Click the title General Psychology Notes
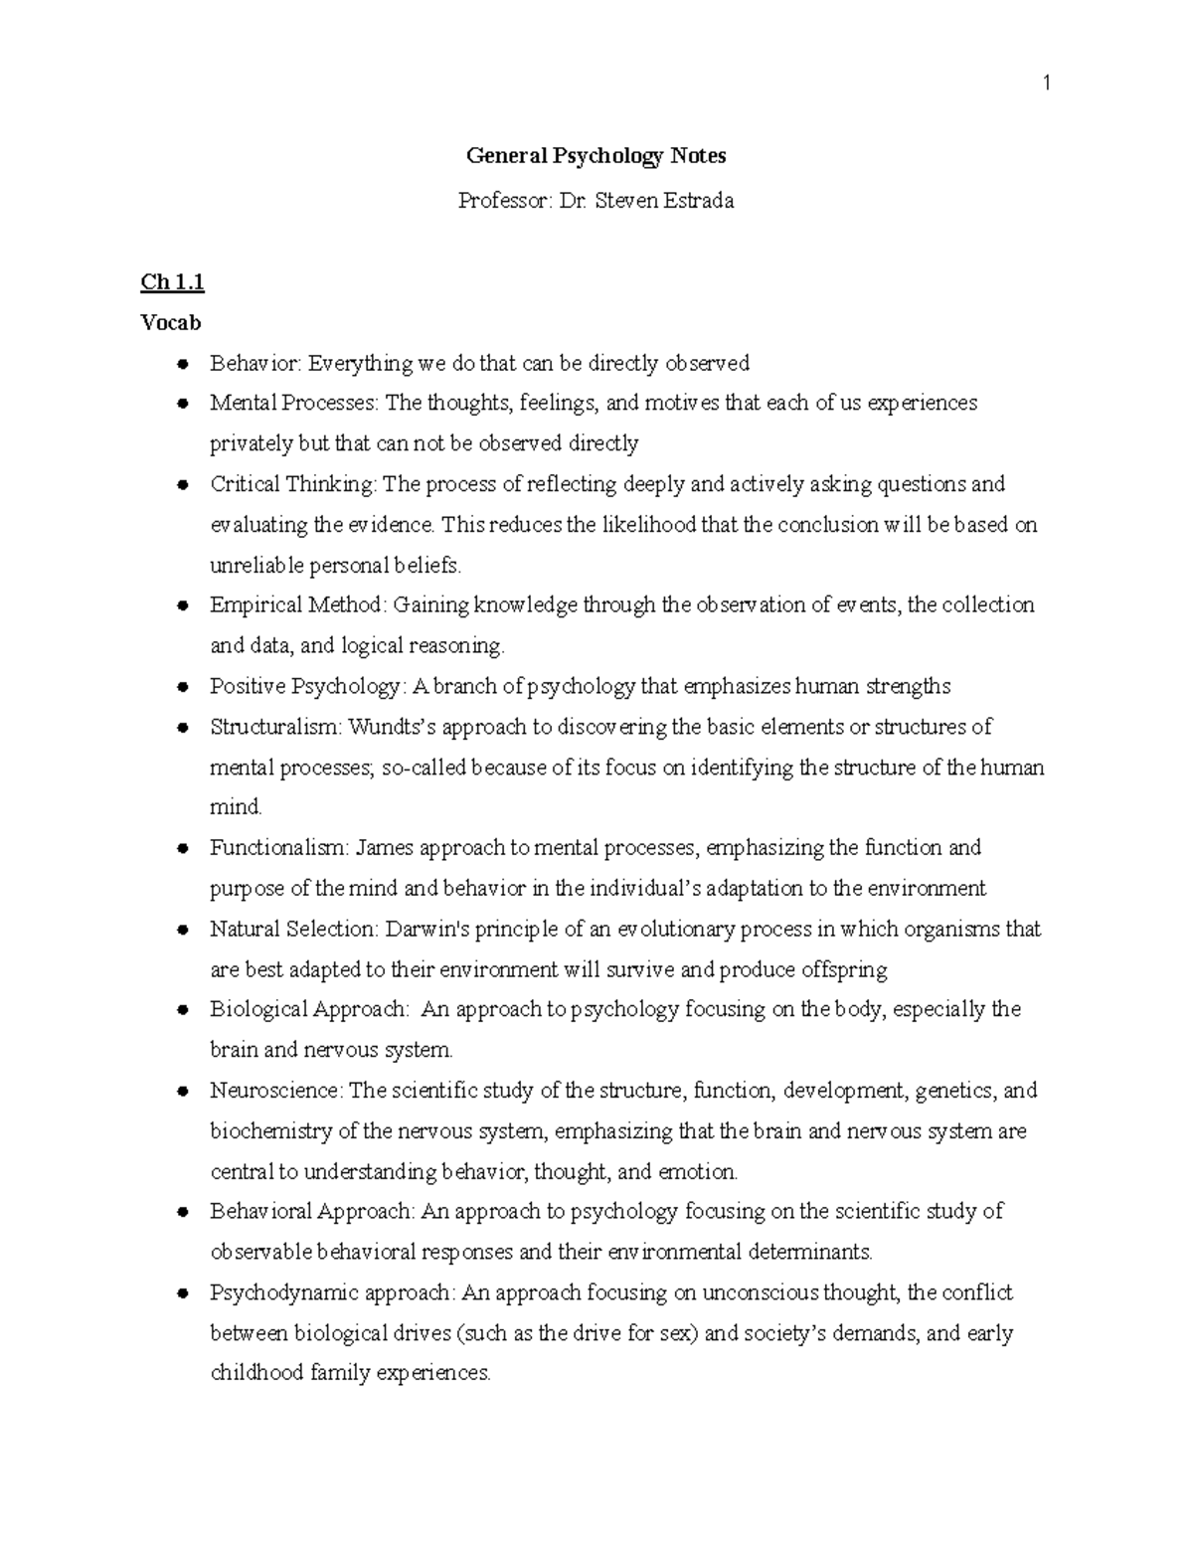(x=596, y=156)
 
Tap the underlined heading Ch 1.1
(x=172, y=282)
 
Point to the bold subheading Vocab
(x=171, y=323)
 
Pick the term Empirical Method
(x=295, y=605)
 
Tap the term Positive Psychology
(x=305, y=687)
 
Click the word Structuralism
(x=274, y=727)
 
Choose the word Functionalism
(x=277, y=848)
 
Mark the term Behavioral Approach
(x=312, y=1212)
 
